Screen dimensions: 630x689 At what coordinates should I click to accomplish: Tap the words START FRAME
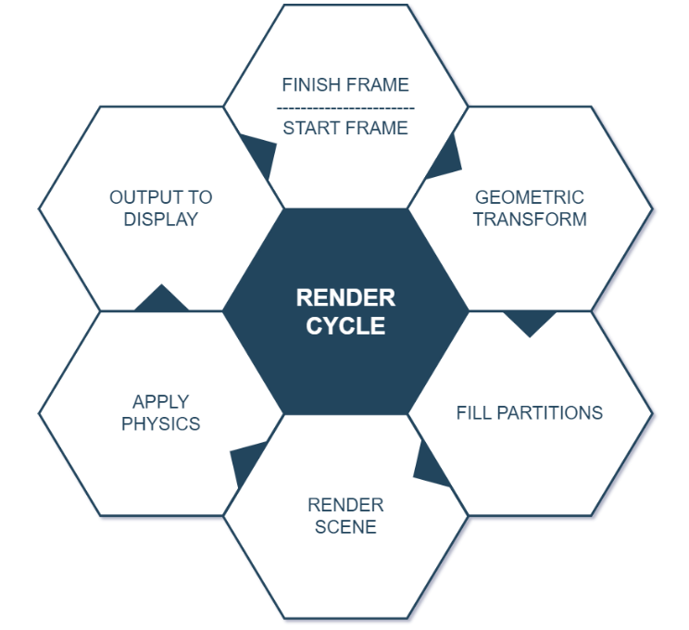[345, 129]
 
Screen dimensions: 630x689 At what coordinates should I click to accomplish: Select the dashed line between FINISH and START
[345, 107]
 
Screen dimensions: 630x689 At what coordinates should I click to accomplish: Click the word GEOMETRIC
[530, 197]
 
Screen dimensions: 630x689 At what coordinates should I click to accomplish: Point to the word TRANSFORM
[530, 220]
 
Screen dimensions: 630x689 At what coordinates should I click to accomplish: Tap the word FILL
[473, 412]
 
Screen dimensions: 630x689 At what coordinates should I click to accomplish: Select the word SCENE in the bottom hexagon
[345, 527]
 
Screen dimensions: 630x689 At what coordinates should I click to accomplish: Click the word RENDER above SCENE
[345, 505]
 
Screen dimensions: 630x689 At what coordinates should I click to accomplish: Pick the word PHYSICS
[161, 423]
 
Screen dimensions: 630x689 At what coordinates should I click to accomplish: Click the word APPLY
[161, 401]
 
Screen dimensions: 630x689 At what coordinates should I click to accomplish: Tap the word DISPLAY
[161, 220]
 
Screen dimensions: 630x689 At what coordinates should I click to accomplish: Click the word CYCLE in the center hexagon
[345, 326]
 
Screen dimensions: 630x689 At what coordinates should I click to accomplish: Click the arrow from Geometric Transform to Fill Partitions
[530, 321]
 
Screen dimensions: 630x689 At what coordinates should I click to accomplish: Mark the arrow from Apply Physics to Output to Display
[161, 298]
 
